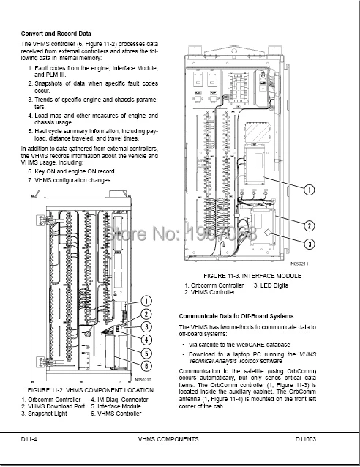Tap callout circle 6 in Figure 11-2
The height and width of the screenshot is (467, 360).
[x=146, y=366]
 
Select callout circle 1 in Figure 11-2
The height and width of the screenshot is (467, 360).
[x=146, y=300]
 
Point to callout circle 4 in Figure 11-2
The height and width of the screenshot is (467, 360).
[x=146, y=340]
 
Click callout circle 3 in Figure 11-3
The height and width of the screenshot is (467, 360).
[x=310, y=244]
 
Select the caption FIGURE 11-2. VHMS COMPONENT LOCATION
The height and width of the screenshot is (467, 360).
[x=90, y=391]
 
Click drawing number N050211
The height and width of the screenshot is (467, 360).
[x=301, y=263]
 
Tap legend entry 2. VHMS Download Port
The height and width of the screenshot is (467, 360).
[x=48, y=407]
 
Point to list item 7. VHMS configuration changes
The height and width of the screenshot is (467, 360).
[x=70, y=180]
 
